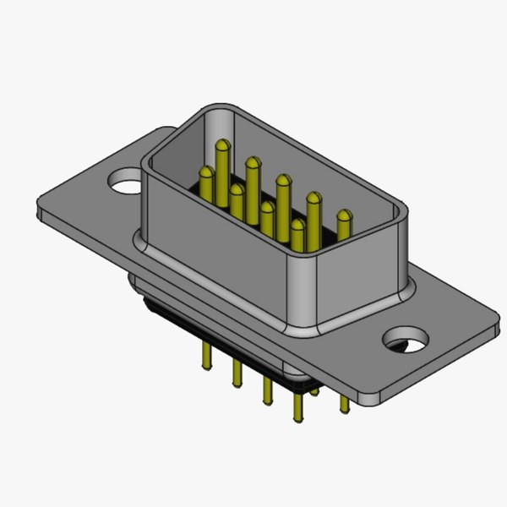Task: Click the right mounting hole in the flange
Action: [x=405, y=342]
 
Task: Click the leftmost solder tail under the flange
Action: [x=206, y=355]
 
